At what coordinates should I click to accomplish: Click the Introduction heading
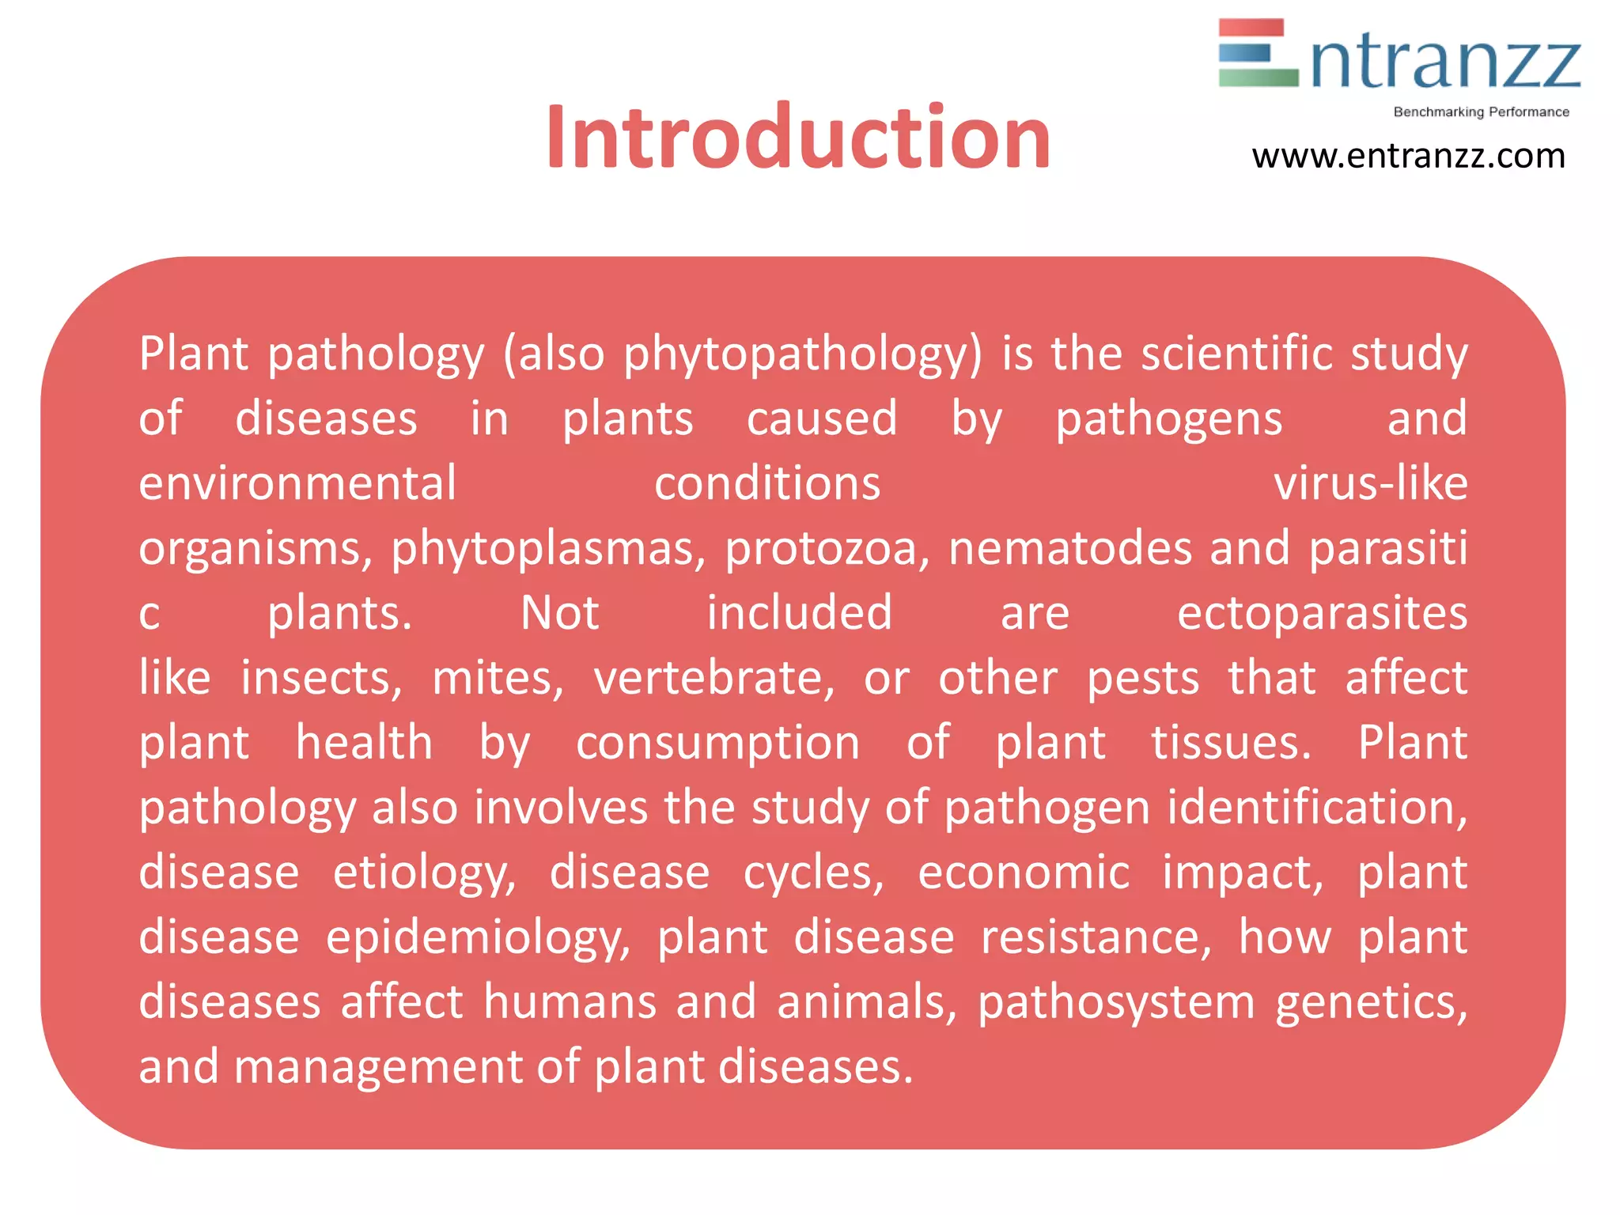tap(797, 138)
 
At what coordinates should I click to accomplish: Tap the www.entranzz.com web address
tap(1408, 156)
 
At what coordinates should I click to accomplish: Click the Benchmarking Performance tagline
tap(1481, 112)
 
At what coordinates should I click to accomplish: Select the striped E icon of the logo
tap(1258, 52)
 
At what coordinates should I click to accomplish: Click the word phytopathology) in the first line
tap(802, 354)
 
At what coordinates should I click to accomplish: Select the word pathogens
tap(1168, 419)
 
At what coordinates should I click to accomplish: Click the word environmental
tap(297, 483)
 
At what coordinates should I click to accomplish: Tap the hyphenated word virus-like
tap(1370, 483)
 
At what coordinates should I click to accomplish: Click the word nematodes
tap(1069, 548)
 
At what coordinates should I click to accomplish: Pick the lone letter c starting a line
tap(150, 615)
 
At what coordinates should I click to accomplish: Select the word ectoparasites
tap(1322, 613)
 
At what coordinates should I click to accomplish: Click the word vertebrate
tap(713, 679)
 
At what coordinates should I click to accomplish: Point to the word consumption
tap(717, 744)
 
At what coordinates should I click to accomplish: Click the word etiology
tap(424, 874)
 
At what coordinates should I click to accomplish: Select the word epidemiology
tap(478, 939)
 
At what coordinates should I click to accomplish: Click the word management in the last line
tap(378, 1067)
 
